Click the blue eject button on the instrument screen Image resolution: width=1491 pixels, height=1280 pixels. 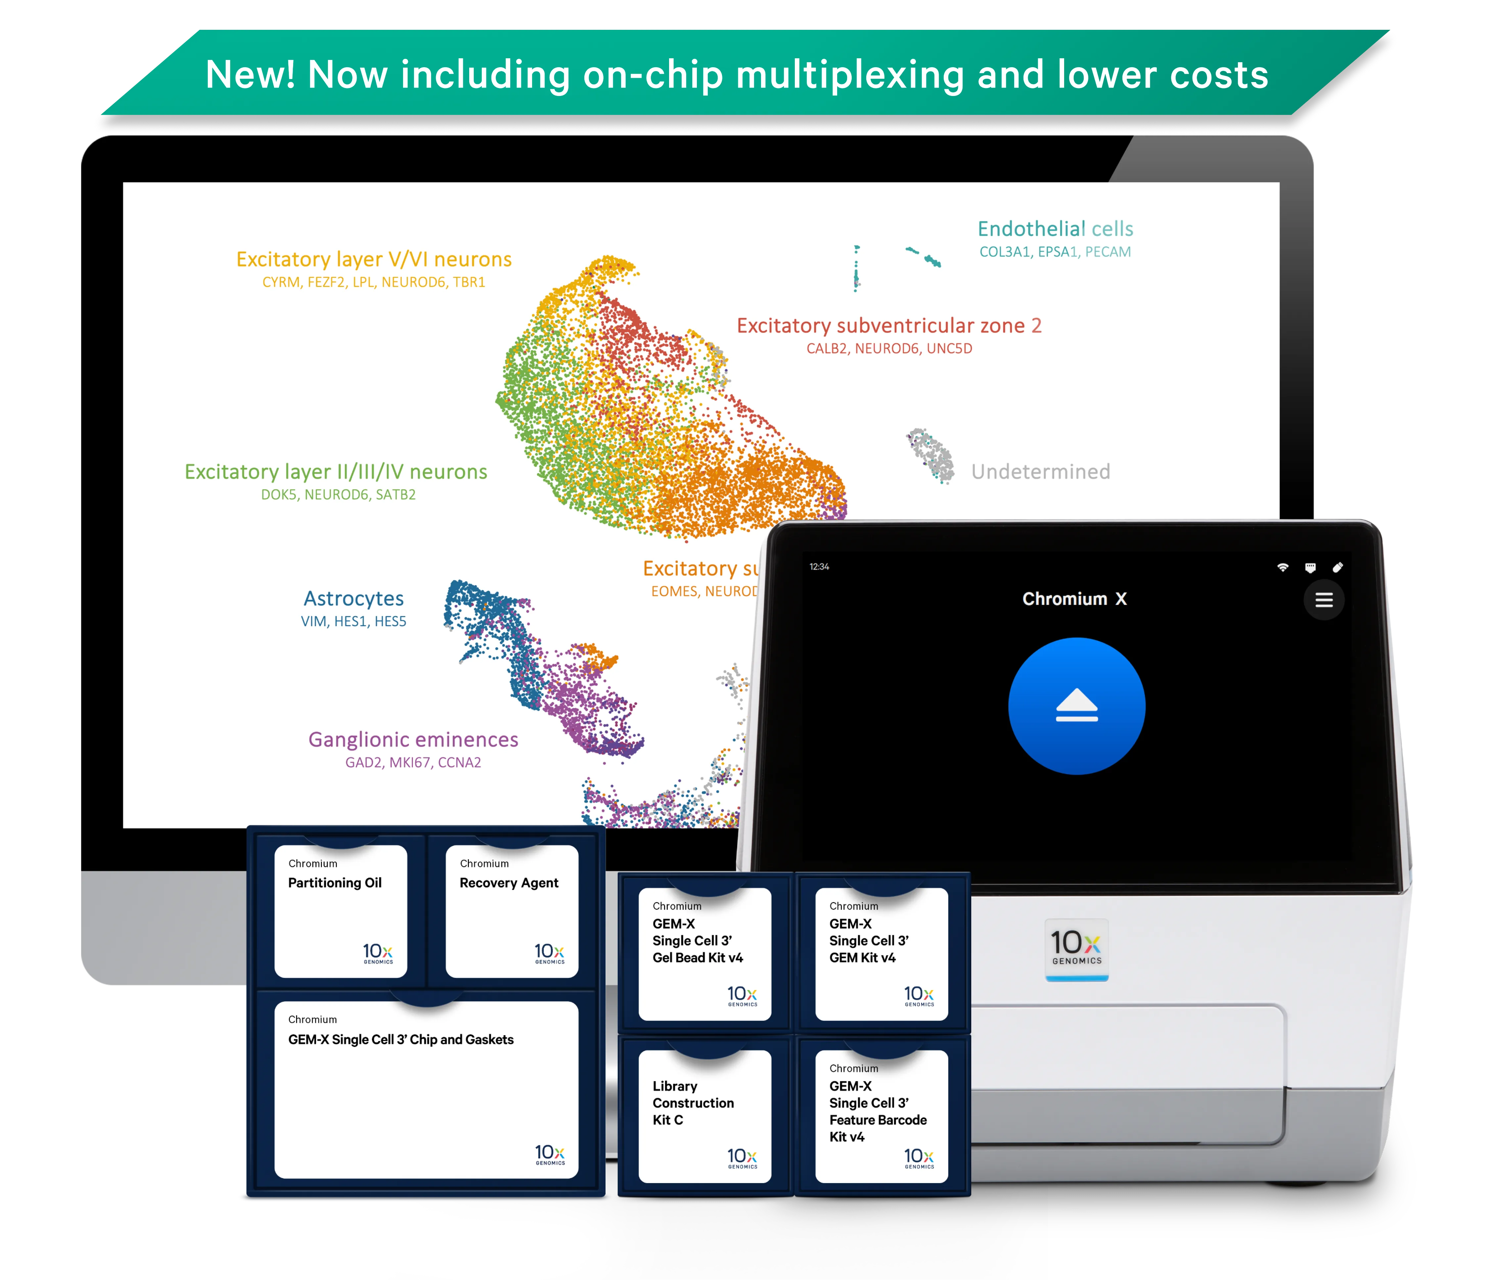click(x=1076, y=706)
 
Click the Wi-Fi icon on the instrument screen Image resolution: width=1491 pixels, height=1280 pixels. click(x=1282, y=568)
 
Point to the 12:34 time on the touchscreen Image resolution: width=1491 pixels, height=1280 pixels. click(x=819, y=567)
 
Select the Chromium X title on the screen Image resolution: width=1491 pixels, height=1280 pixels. click(x=1074, y=599)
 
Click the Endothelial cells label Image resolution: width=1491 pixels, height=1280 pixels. click(x=1055, y=229)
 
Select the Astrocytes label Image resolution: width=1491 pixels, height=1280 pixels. click(x=353, y=599)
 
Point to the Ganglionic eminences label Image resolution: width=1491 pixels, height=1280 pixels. click(x=413, y=740)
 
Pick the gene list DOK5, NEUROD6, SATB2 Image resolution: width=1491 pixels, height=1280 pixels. click(x=338, y=494)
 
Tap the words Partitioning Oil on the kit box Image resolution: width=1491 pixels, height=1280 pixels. click(x=335, y=883)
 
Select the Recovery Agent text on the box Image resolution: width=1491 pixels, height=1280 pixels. click(x=509, y=883)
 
